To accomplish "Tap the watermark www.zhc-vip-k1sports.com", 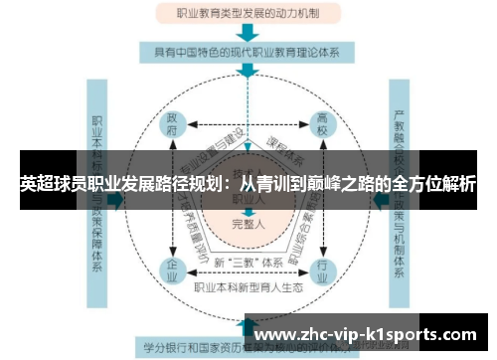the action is [373, 335].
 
